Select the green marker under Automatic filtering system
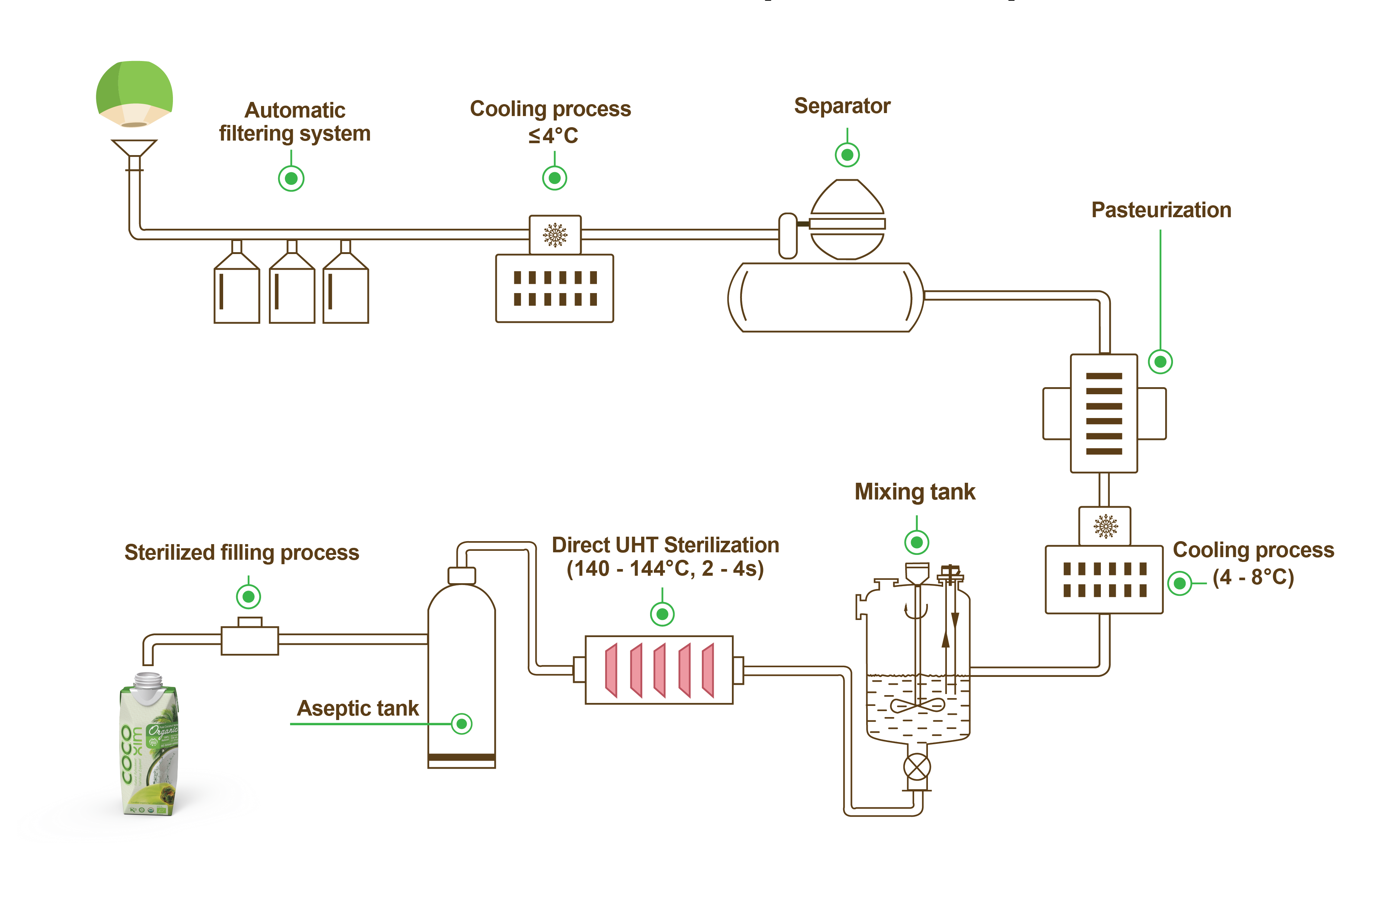(291, 178)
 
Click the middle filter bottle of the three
(292, 287)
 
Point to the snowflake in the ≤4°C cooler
(555, 235)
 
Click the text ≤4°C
(553, 136)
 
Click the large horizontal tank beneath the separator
(825, 298)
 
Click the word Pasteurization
(1161, 210)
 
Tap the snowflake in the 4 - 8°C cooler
(1105, 526)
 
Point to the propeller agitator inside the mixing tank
(917, 706)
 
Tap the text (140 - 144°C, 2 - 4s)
(665, 569)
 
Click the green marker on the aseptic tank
(462, 724)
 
